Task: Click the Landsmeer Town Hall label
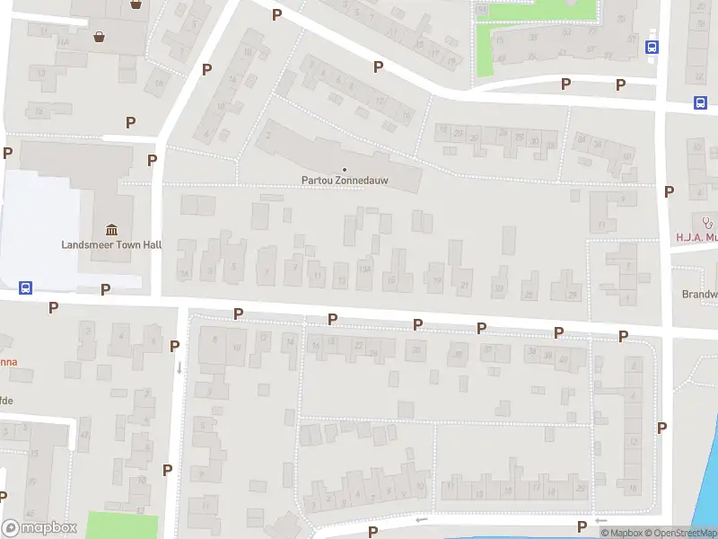pos(111,244)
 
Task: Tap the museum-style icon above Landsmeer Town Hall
pos(111,228)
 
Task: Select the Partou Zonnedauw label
pos(345,180)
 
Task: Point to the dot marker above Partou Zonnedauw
pos(345,169)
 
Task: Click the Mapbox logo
pos(39,528)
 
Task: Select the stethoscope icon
pos(707,222)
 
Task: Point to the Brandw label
pos(699,294)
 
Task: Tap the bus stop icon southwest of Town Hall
pos(26,288)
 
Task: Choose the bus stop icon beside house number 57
pos(652,48)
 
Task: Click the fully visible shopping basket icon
pos(99,37)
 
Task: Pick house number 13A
pos(364,268)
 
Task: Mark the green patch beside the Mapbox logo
pos(122,526)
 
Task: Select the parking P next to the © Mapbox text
pos(582,526)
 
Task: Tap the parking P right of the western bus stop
pos(106,289)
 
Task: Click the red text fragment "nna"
pos(8,364)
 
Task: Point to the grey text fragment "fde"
pos(6,400)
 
